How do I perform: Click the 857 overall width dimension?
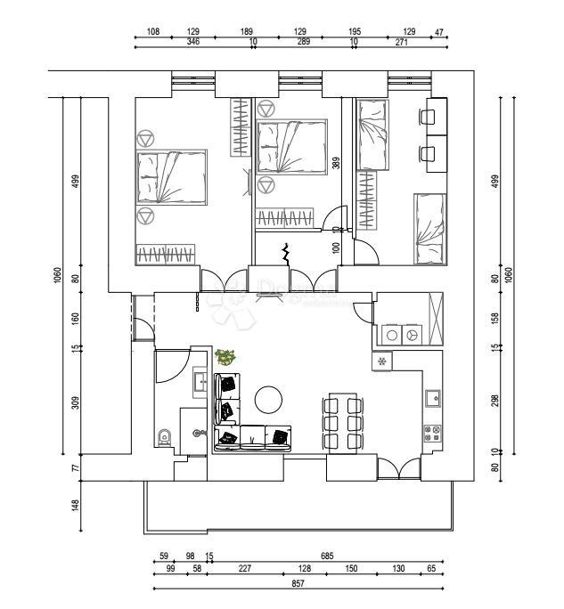[298, 584]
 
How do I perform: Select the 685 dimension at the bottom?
[327, 556]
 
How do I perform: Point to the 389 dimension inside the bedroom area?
[336, 163]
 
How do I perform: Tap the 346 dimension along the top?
[193, 42]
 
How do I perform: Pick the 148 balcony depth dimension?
[75, 506]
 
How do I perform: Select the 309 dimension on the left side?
[75, 402]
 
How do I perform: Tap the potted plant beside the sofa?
[225, 357]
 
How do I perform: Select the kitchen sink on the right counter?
[432, 397]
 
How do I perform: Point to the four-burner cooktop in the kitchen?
[432, 434]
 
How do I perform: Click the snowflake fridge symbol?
[382, 361]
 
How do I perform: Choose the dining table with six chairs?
[342, 422]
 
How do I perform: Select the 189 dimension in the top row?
[247, 31]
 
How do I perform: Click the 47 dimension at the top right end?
[437, 31]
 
